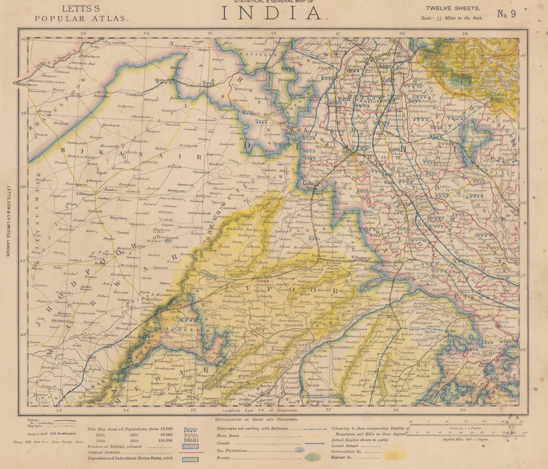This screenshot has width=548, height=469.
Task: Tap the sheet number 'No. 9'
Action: pyautogui.click(x=506, y=14)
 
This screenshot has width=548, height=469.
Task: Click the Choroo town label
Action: pyautogui.click(x=200, y=172)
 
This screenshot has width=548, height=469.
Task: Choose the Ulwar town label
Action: pyautogui.click(x=314, y=237)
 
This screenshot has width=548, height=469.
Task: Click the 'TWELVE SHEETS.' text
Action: pyautogui.click(x=453, y=8)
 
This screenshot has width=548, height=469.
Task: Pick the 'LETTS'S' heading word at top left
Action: pyautogui.click(x=81, y=9)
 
